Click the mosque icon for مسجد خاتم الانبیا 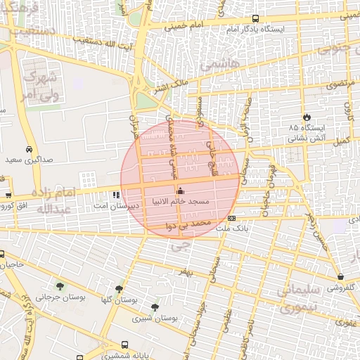[x=180, y=191]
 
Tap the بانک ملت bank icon [x=231, y=218]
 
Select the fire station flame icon [x=307, y=117]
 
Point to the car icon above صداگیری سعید [x=28, y=150]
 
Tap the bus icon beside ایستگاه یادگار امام [x=255, y=19]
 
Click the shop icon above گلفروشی [x=340, y=277]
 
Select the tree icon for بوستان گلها [x=119, y=288]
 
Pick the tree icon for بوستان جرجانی [x=59, y=285]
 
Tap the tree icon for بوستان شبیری [x=155, y=307]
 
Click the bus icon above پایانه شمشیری [x=124, y=345]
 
